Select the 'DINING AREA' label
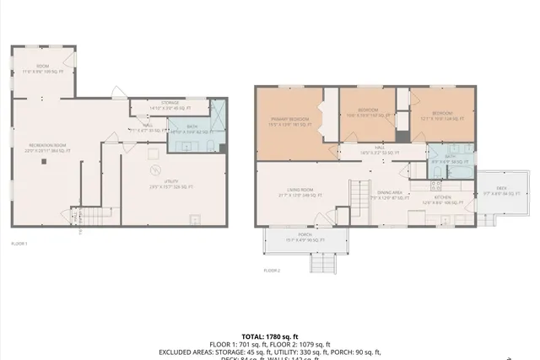[x=388, y=193]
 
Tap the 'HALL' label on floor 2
[x=379, y=147]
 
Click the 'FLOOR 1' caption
[x=19, y=243]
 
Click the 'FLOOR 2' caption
[x=271, y=270]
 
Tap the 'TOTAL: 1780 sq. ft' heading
[x=270, y=336]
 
